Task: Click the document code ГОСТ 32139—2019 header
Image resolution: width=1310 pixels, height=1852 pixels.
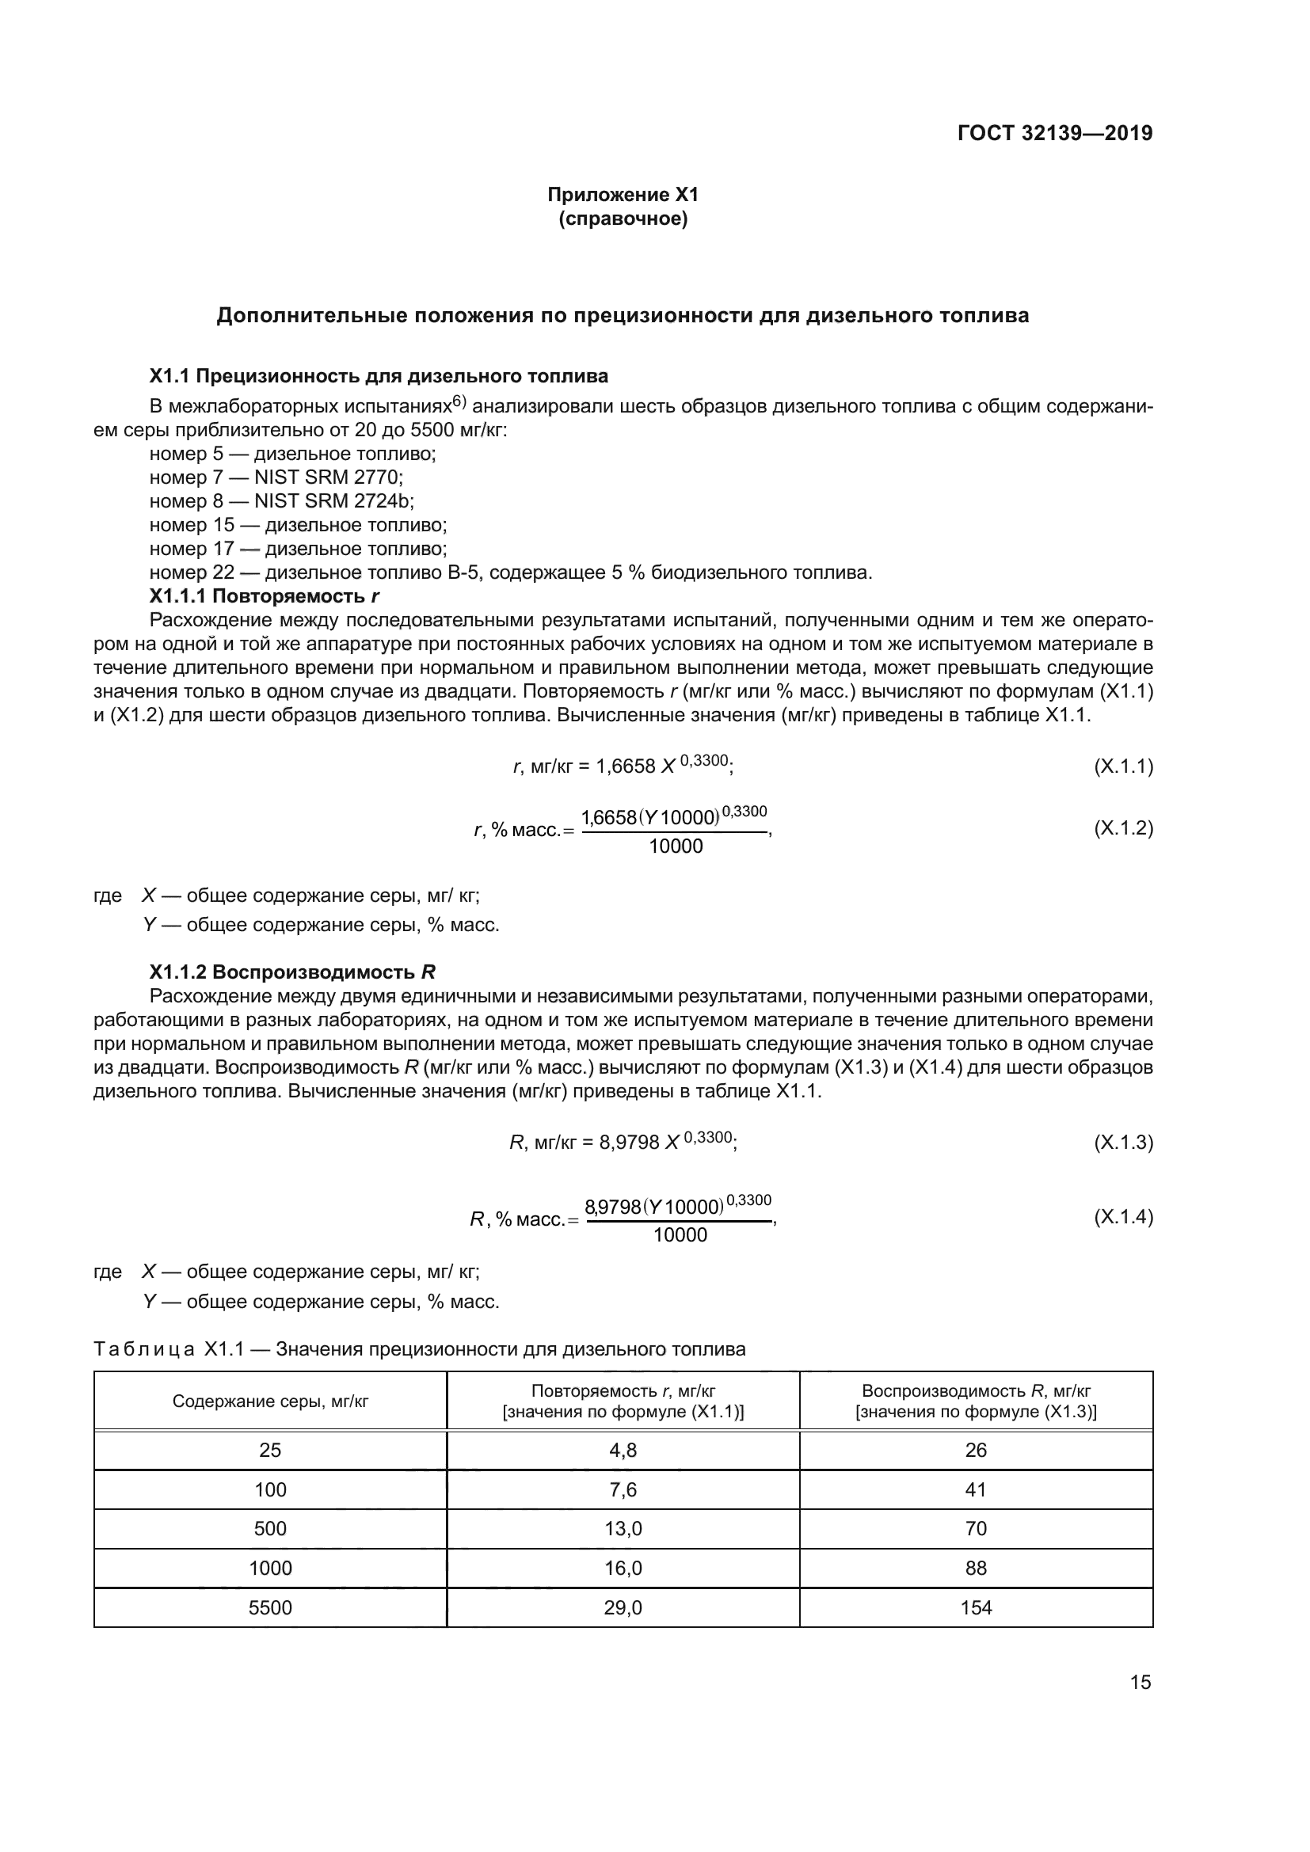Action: (1054, 133)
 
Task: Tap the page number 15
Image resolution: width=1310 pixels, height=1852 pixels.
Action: (1140, 1682)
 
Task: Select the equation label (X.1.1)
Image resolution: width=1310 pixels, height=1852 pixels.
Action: (1123, 766)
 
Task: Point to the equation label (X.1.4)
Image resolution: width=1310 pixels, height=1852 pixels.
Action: (1123, 1217)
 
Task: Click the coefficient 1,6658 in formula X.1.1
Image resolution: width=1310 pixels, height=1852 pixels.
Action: (625, 767)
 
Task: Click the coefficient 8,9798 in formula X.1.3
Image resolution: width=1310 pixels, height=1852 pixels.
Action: (629, 1143)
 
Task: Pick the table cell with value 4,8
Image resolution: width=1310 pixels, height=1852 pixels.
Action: (623, 1451)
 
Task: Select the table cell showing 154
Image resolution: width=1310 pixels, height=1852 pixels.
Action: (975, 1607)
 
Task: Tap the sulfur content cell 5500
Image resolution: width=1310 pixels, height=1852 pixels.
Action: (270, 1607)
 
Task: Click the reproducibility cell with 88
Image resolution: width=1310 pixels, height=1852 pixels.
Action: (975, 1568)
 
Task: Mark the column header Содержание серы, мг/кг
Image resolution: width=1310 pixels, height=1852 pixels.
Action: (270, 1401)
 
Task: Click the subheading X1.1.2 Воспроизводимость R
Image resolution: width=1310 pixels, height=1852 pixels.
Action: (292, 972)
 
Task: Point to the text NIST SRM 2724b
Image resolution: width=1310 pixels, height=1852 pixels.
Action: (334, 501)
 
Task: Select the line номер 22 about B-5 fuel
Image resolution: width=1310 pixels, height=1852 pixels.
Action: (510, 572)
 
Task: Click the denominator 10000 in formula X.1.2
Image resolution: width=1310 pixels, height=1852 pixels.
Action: (675, 846)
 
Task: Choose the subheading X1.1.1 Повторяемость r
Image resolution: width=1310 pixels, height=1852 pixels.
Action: (264, 596)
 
